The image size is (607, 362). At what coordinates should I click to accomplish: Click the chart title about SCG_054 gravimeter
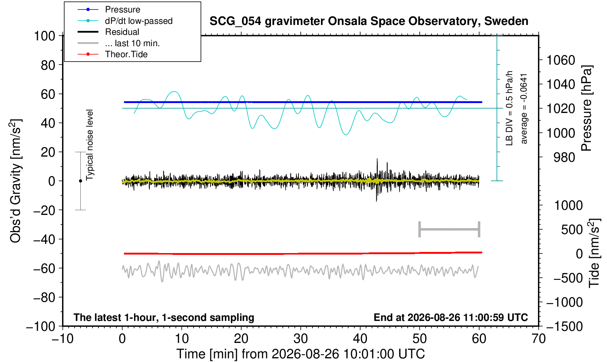pyautogui.click(x=369, y=21)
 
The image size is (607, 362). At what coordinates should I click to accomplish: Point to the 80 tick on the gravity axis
pyautogui.click(x=48, y=65)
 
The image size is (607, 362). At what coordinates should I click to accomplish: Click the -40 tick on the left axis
pyautogui.click(x=44, y=239)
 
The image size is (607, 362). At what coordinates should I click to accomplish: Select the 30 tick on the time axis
pyautogui.click(x=300, y=339)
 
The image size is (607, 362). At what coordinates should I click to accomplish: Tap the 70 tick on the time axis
pyautogui.click(x=538, y=339)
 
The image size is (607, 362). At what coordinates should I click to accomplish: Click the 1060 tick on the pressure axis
pyautogui.click(x=561, y=60)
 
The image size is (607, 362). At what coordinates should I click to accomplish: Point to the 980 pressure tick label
pyautogui.click(x=564, y=157)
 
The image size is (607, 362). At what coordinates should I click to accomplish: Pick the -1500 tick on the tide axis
pyautogui.click(x=564, y=326)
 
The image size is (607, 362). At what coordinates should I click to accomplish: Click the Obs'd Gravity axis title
pyautogui.click(x=15, y=181)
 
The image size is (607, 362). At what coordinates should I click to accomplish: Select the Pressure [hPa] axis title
pyautogui.click(x=587, y=108)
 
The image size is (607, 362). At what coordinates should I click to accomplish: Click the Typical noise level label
pyautogui.click(x=90, y=145)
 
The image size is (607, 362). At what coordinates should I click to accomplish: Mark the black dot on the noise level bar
pyautogui.click(x=80, y=181)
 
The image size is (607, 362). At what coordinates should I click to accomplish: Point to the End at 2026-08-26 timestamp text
pyautogui.click(x=451, y=317)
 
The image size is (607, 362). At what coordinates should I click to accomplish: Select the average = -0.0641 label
pyautogui.click(x=524, y=109)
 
